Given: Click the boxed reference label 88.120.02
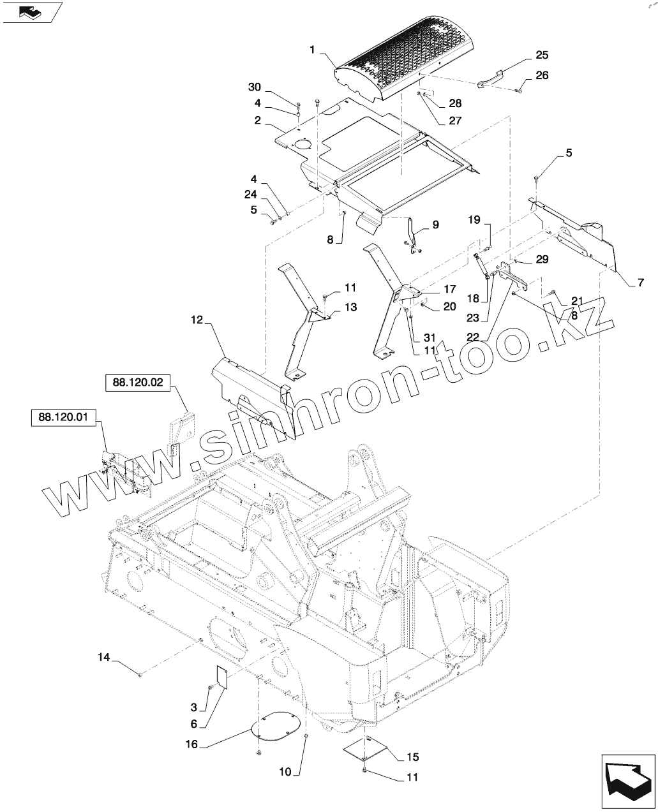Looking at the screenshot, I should click(x=137, y=383).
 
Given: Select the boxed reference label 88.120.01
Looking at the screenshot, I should click(x=63, y=418).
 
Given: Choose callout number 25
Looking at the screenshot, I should click(x=541, y=55).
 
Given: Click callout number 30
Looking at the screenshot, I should click(x=255, y=87).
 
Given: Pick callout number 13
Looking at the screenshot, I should click(x=351, y=307).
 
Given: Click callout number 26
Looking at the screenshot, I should click(x=541, y=75).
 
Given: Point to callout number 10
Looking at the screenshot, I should click(x=284, y=772).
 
